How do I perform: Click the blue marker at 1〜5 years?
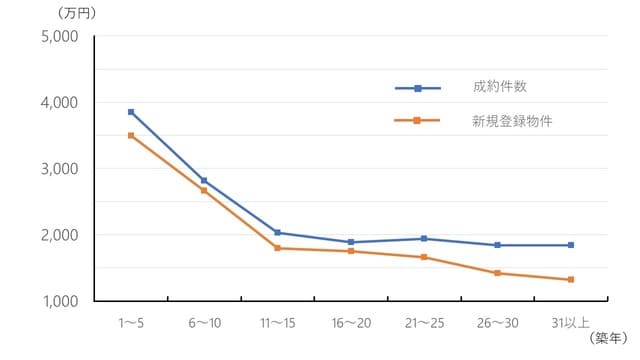[131, 112]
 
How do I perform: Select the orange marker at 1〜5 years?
[131, 135]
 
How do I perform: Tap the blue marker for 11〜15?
[277, 232]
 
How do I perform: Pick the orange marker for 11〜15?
[277, 248]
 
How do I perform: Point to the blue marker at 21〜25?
[424, 238]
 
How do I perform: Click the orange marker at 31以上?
[570, 279]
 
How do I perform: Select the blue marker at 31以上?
[570, 245]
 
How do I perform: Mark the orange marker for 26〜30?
[497, 273]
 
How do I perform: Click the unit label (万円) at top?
[44, 12]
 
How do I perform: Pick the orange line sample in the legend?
[418, 120]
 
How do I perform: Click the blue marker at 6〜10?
[204, 180]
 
